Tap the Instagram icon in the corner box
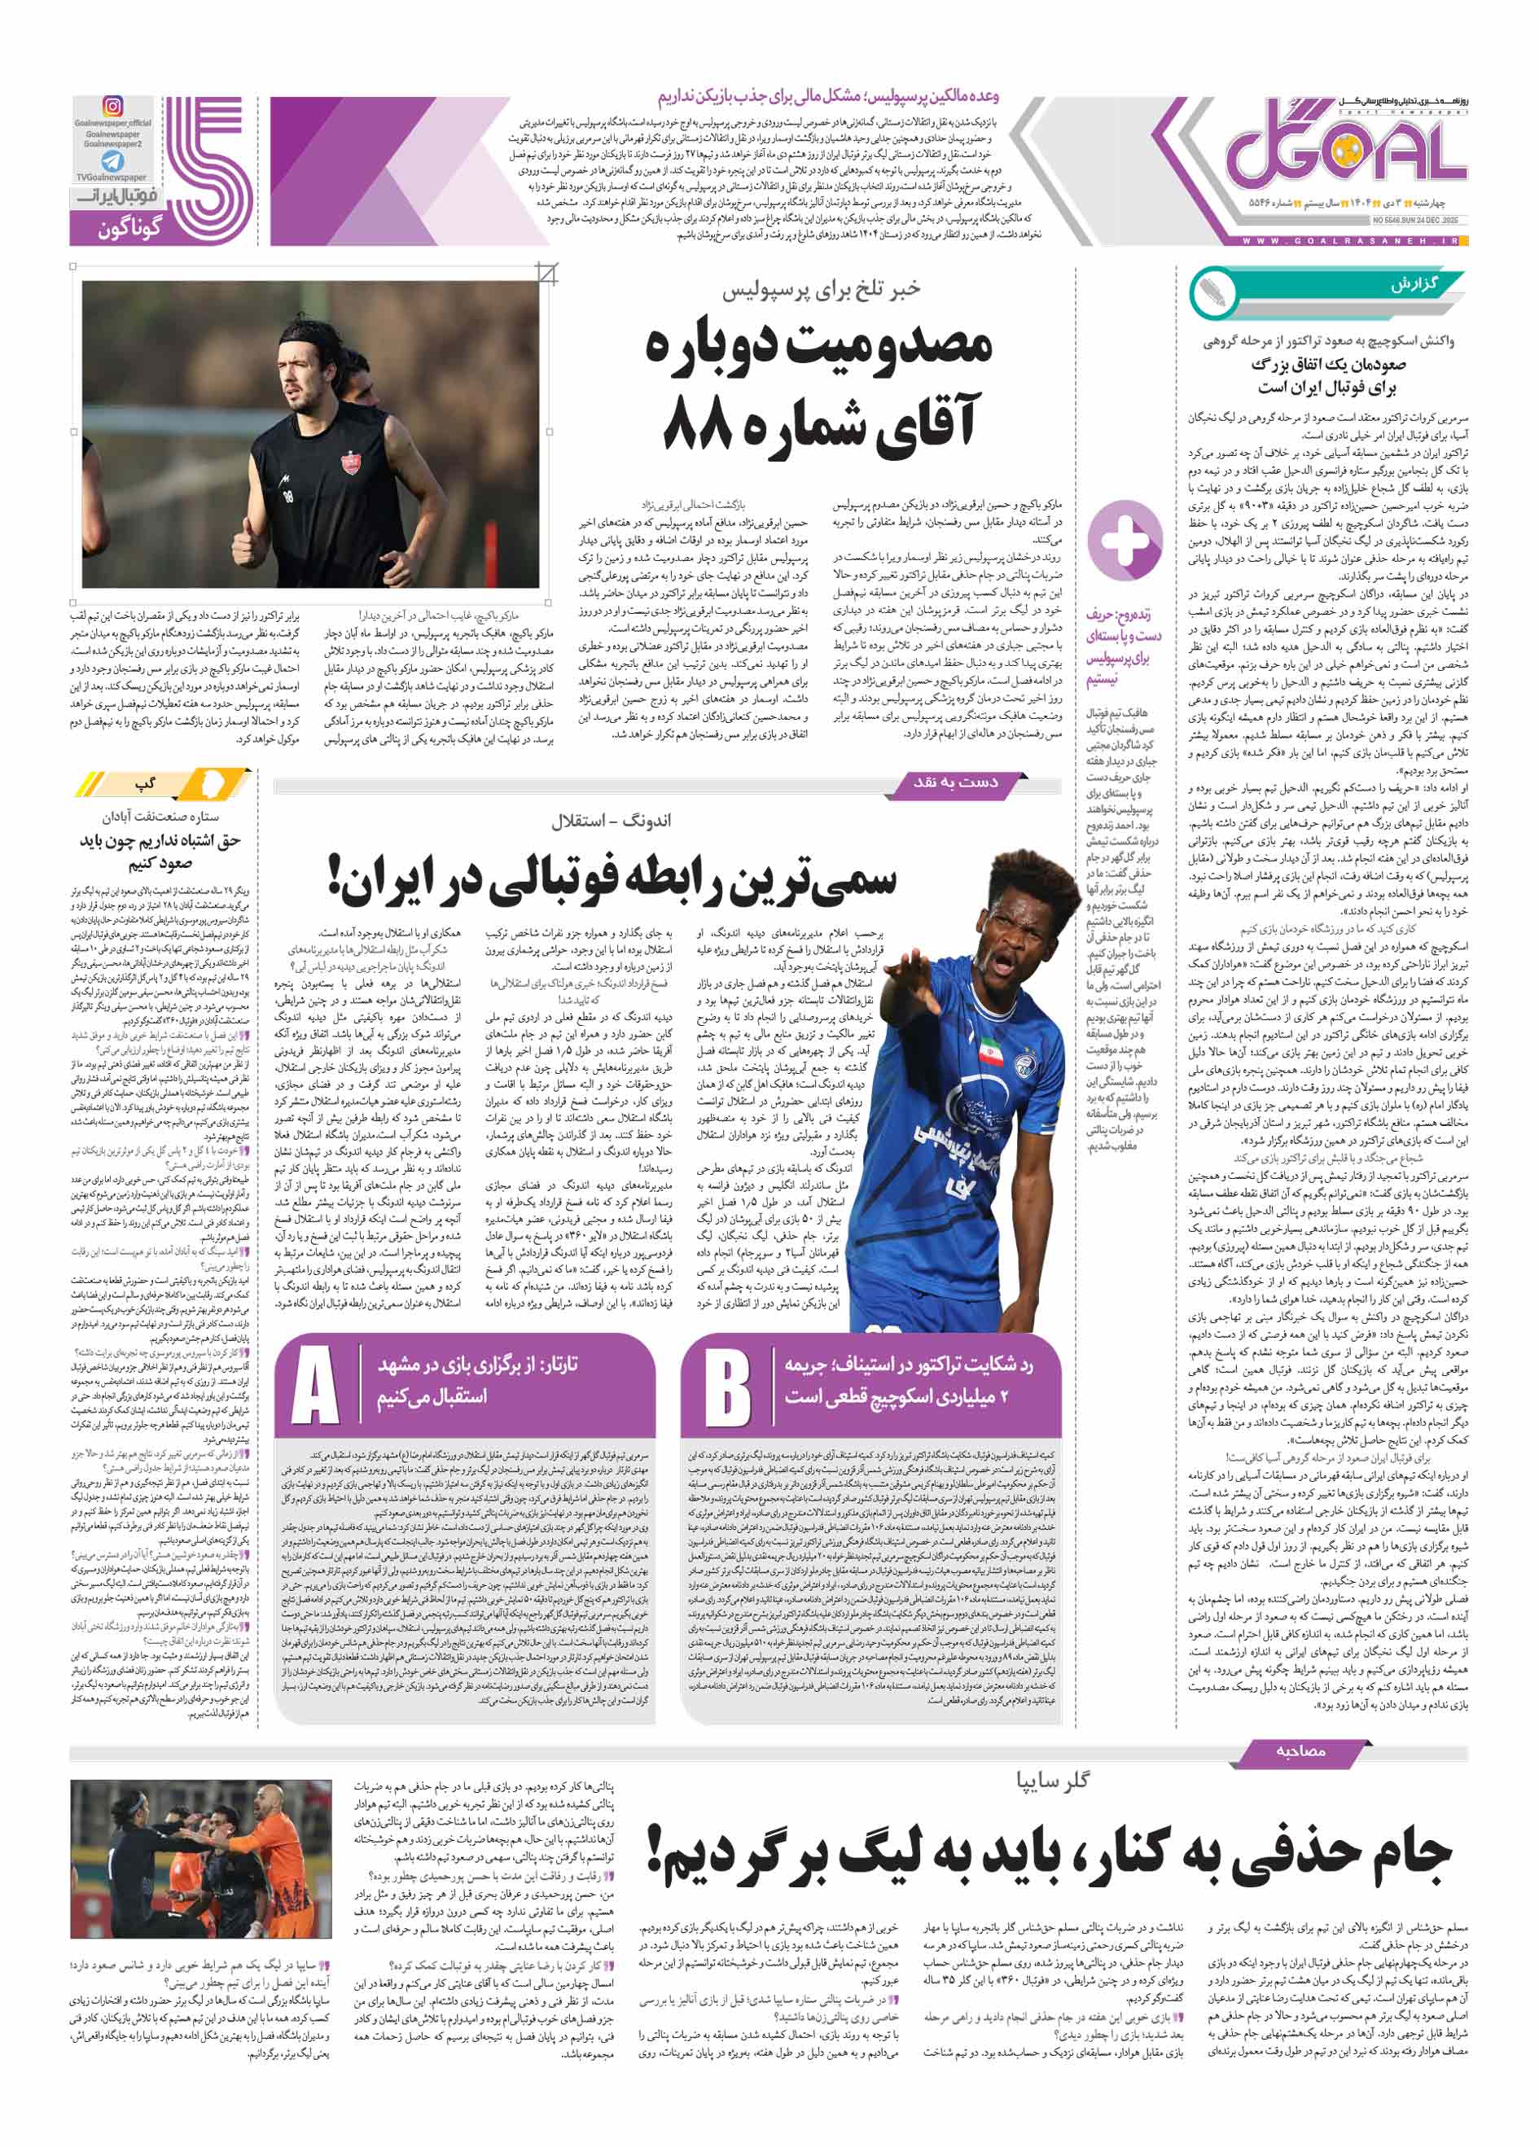[x=112, y=107]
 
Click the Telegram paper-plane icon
[x=112, y=161]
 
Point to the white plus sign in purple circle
[x=1124, y=541]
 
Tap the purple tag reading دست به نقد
[x=955, y=782]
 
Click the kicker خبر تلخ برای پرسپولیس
[x=821, y=290]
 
